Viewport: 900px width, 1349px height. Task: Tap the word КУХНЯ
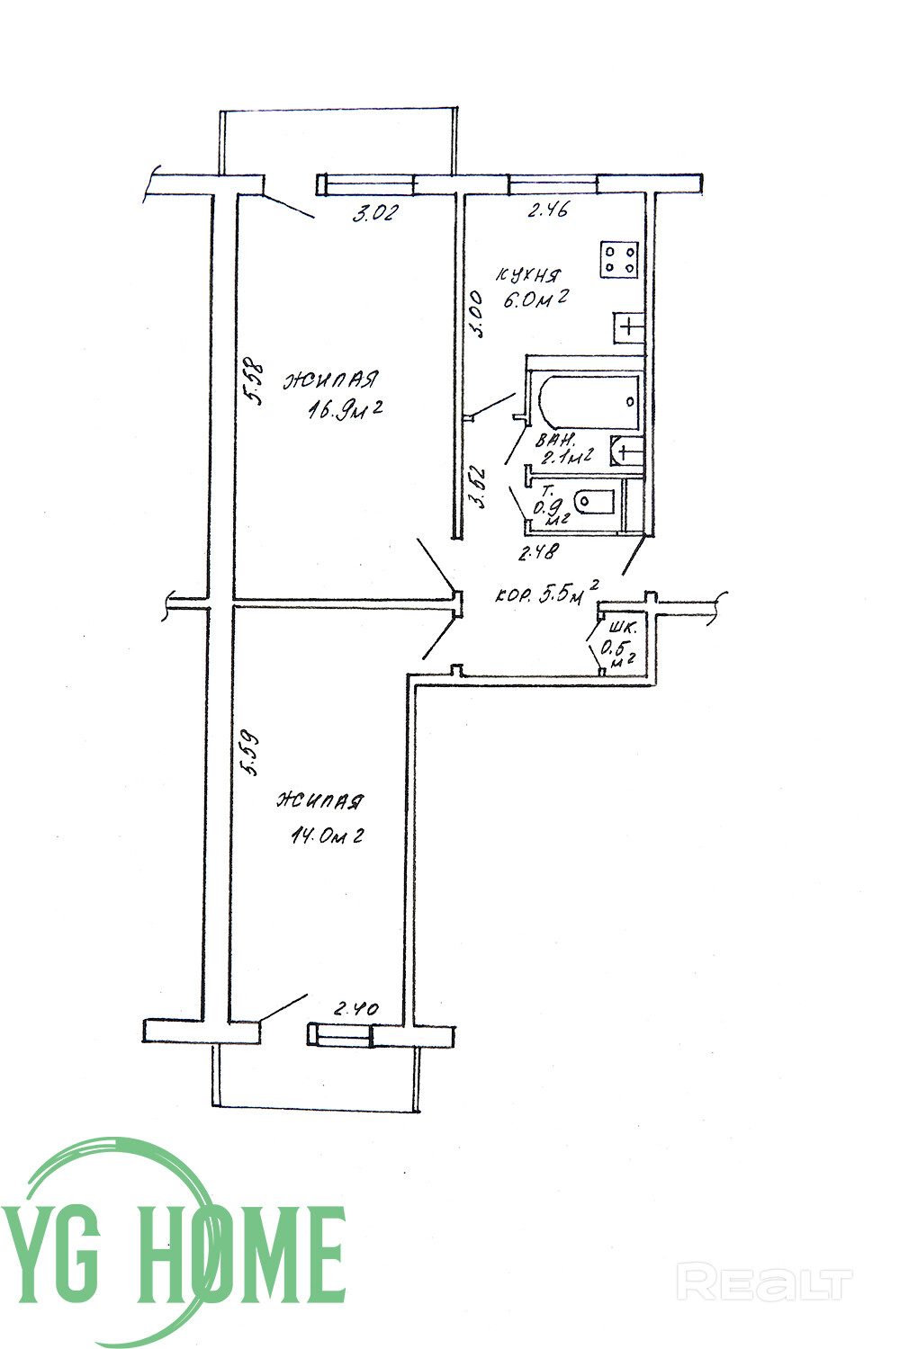(x=528, y=275)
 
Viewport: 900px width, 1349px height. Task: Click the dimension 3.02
(x=374, y=215)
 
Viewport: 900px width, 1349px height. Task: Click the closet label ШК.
(x=622, y=629)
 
